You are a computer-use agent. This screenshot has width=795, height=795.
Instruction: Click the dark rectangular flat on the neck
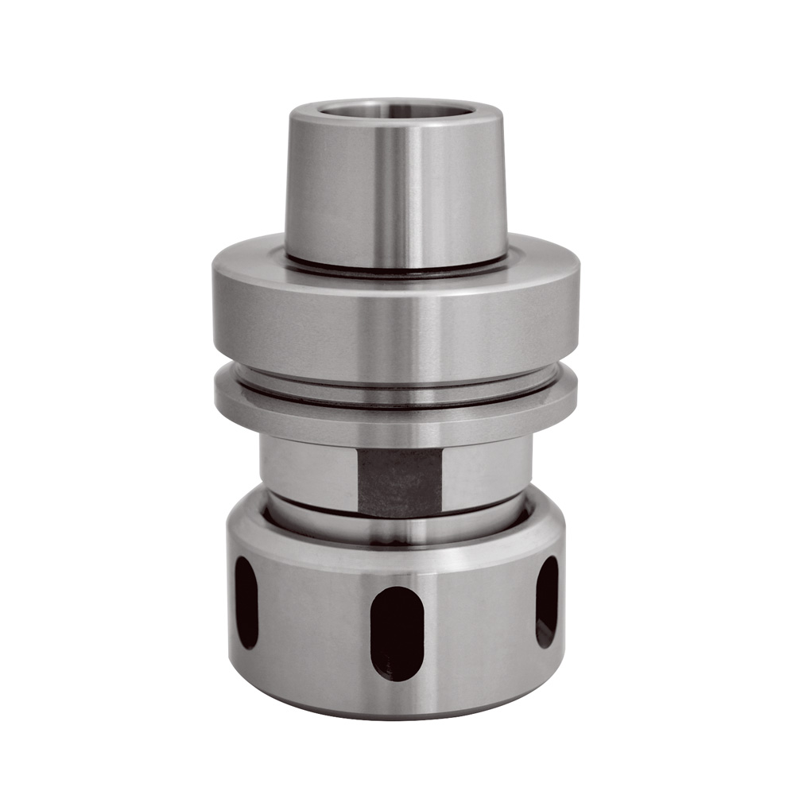399,481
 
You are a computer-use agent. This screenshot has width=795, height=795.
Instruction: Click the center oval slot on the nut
395,633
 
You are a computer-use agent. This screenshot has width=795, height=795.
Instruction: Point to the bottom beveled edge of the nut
395,712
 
